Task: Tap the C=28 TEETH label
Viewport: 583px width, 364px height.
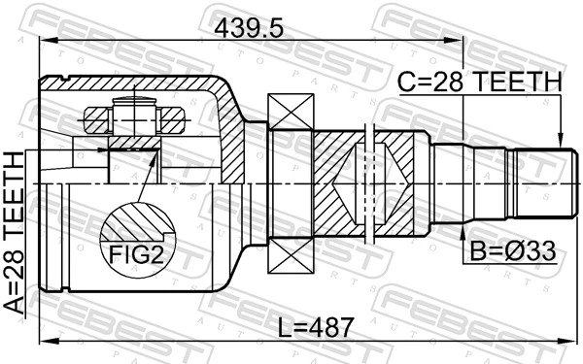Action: click(x=479, y=84)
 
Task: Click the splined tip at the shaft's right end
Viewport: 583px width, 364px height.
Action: click(x=544, y=184)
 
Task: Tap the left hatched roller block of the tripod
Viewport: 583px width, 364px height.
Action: click(x=96, y=123)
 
